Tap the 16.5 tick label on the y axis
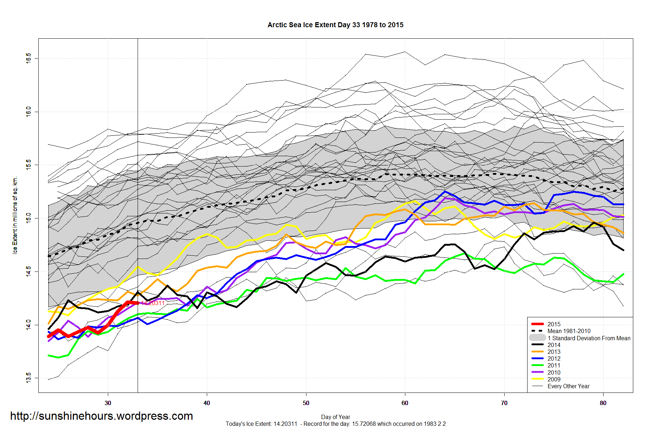[28, 58]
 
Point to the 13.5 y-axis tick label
[28, 378]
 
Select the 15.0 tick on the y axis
[28, 218]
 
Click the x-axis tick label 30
[108, 403]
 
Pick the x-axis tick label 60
[405, 403]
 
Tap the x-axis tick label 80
[603, 403]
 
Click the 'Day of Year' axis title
[335, 417]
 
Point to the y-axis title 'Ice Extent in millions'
[15, 215]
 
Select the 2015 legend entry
[554, 324]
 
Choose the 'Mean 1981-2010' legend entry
[569, 331]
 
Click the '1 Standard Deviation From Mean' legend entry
[588, 338]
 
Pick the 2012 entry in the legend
[554, 358]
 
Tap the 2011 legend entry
[554, 365]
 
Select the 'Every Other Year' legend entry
[568, 386]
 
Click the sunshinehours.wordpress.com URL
[101, 416]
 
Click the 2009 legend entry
[554, 379]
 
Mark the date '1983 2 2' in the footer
[434, 424]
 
